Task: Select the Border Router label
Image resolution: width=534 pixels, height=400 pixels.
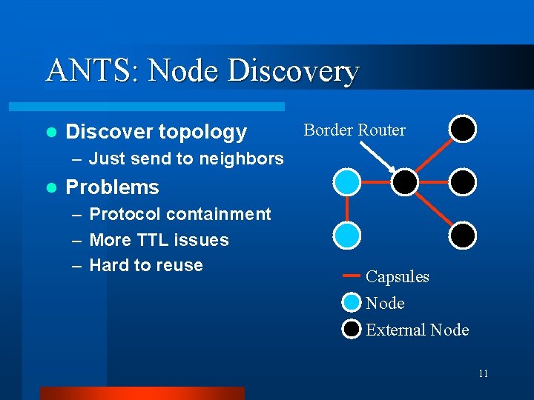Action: tap(355, 130)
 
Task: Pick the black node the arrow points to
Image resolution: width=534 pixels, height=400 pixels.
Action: tap(405, 181)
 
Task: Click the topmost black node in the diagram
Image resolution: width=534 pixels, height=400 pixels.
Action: tap(462, 129)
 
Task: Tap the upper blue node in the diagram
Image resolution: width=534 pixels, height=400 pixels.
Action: tap(346, 181)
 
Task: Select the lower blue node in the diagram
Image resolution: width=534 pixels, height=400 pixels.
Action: tap(346, 235)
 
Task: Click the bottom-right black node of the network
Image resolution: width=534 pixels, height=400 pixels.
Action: tap(462, 235)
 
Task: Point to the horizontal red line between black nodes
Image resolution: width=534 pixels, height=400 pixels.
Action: tap(434, 181)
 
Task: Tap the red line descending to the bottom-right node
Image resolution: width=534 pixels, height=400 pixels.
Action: tap(434, 208)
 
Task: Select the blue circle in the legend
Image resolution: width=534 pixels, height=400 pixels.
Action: tap(352, 303)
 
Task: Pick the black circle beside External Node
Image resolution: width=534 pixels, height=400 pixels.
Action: tap(352, 329)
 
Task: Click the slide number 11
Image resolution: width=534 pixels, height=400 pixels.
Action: tap(483, 373)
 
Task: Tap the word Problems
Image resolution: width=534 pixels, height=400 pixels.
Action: tap(113, 187)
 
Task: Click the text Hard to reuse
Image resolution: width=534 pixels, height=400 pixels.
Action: tap(146, 265)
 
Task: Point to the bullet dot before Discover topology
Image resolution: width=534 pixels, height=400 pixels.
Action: tap(50, 133)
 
